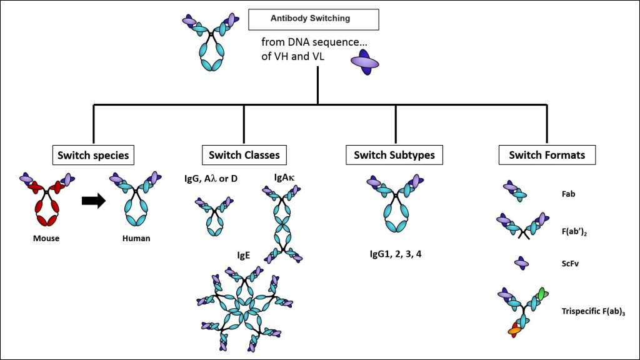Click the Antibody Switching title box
[x=310, y=19]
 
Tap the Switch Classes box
[x=241, y=154]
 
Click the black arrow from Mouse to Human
[x=94, y=201]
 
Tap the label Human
[x=136, y=239]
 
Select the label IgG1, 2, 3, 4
[x=396, y=254]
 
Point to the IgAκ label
[x=284, y=178]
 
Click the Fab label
[x=567, y=194]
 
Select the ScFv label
[x=569, y=264]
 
